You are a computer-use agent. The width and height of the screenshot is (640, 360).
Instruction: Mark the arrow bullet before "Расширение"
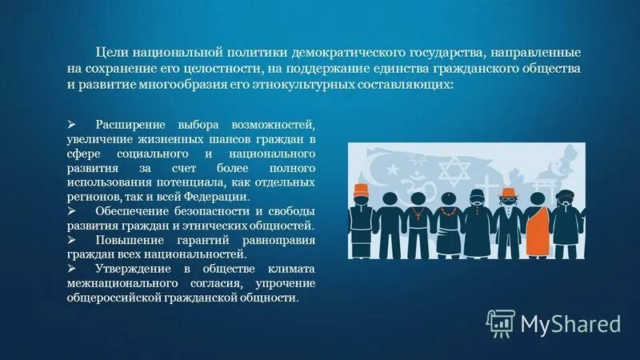(x=72, y=126)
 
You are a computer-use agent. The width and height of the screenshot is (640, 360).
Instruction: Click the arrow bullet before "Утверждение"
(x=72, y=268)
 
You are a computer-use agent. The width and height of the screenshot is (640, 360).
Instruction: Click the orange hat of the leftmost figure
(x=362, y=190)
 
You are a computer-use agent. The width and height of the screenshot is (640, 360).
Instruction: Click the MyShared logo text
(x=570, y=323)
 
